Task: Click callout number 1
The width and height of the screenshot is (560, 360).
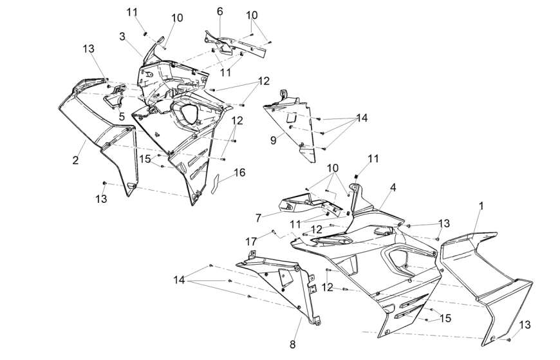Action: tap(480, 207)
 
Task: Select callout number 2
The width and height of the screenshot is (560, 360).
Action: tap(75, 160)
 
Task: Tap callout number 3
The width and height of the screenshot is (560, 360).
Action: tap(122, 36)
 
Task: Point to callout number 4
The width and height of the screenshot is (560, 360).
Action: tap(392, 187)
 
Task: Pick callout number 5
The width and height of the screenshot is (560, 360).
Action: tap(122, 117)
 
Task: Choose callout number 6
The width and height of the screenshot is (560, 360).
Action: tap(219, 12)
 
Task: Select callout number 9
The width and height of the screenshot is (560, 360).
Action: tap(273, 138)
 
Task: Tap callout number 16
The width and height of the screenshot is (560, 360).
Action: tap(239, 173)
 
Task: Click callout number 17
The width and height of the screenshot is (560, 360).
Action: tap(252, 241)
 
